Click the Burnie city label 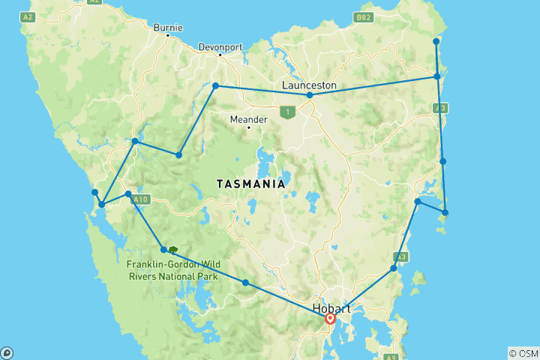coord(167,28)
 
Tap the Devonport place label coord(220,46)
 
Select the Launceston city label coord(309,85)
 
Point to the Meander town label coord(248,118)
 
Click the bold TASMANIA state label coord(250,184)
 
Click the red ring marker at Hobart coord(330,319)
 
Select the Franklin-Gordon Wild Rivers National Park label coord(172,270)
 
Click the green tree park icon coord(173,250)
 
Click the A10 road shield coord(142,199)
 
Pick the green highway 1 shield coord(286,112)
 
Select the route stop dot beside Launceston coord(310,95)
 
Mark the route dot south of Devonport coord(216,85)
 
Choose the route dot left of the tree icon coord(163,250)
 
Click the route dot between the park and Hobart coord(245,283)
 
